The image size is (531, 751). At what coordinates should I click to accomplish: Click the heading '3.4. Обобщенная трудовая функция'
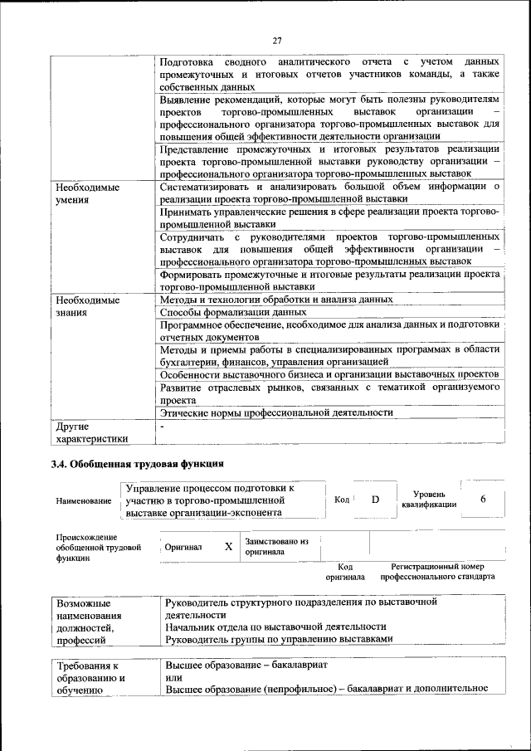(x=137, y=463)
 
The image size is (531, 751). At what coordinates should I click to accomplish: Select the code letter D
(x=375, y=500)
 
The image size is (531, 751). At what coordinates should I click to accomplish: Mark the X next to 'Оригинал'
(x=228, y=548)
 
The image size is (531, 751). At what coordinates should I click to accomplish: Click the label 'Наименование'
(x=84, y=501)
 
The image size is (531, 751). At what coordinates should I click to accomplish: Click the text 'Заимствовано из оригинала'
(x=276, y=547)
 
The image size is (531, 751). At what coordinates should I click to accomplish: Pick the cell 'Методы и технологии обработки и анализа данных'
(x=276, y=299)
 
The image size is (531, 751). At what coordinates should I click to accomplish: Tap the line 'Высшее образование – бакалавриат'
(x=247, y=666)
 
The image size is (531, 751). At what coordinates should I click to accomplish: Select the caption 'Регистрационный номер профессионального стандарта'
(x=437, y=571)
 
